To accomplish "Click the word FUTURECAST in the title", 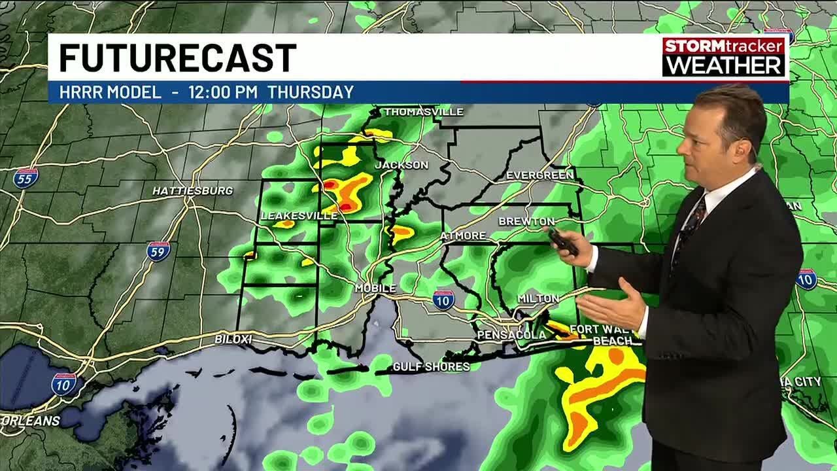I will [x=177, y=58].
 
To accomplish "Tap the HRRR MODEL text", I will [x=110, y=92].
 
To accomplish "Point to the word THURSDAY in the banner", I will [x=311, y=92].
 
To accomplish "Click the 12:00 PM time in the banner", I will [x=223, y=92].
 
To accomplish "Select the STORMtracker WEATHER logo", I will [x=724, y=56].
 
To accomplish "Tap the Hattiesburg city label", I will [x=192, y=191].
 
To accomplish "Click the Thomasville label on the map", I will [x=423, y=112].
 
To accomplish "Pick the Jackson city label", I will [x=401, y=165].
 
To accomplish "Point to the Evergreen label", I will [x=539, y=175].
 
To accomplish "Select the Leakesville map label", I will [x=289, y=215].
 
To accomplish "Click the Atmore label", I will [x=463, y=235].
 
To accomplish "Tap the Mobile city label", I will [x=375, y=288].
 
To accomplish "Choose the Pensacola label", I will [x=502, y=335].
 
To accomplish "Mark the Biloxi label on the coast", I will [x=233, y=339].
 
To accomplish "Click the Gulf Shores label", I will [x=431, y=366].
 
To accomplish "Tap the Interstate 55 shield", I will [x=26, y=177].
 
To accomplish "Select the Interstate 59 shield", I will [x=158, y=251].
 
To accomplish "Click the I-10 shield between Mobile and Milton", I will [x=443, y=300].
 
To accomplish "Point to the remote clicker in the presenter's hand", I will [x=563, y=242].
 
